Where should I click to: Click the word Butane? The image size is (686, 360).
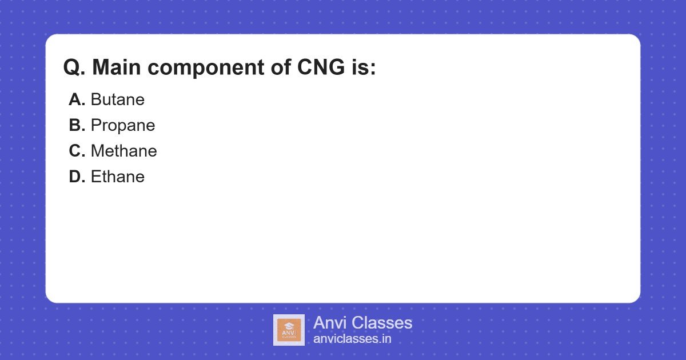[x=117, y=100]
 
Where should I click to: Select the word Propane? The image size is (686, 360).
[x=123, y=126]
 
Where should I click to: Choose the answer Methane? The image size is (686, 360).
[x=123, y=151]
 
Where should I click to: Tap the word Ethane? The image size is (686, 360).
[x=117, y=177]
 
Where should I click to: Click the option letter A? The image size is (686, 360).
[x=77, y=100]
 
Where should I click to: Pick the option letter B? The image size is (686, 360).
[x=77, y=126]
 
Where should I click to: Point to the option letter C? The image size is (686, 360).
[x=77, y=151]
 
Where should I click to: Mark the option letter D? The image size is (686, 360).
[x=77, y=177]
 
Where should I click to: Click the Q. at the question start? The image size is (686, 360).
[x=74, y=68]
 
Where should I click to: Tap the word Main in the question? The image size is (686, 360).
[x=117, y=68]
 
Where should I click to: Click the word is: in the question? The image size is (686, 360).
[x=361, y=68]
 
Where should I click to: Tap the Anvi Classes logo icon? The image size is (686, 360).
[x=289, y=330]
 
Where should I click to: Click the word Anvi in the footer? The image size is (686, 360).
[x=330, y=323]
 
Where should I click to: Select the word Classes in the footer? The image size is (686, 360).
[x=381, y=323]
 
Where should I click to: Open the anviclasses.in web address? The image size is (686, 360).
[x=352, y=339]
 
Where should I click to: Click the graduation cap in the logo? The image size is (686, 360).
[x=289, y=324]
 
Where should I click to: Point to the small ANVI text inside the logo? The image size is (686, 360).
[x=289, y=331]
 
